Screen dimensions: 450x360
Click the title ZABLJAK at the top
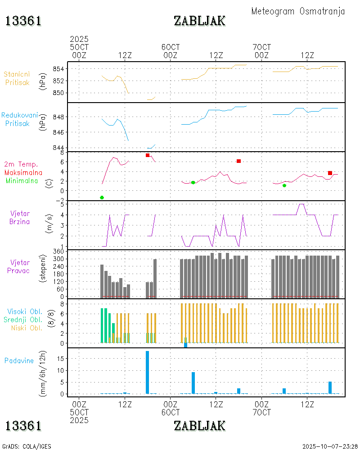[x=199, y=21]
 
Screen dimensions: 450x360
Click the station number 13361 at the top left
[x=23, y=21]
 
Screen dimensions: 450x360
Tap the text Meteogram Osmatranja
[x=298, y=11]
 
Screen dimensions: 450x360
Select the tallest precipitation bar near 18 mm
[x=147, y=372]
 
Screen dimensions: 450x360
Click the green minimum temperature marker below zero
[x=102, y=198]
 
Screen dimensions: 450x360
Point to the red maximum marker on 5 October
[x=148, y=155]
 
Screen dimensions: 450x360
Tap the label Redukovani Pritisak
[x=19, y=119]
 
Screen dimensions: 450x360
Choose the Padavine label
[x=19, y=360]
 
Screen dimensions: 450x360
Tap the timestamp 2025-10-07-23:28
[x=330, y=446]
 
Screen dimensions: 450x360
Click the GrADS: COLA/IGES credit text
[x=27, y=446]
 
